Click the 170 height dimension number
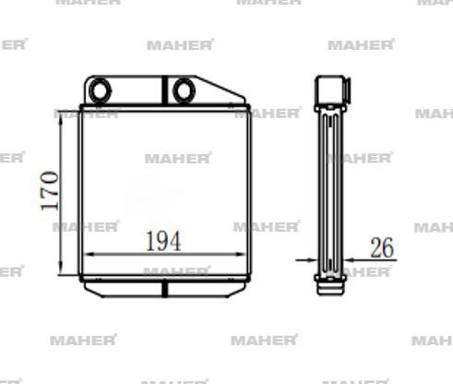coord(50,191)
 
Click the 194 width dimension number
coord(163,241)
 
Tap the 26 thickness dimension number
coord(382,247)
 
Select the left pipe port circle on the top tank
coord(100,90)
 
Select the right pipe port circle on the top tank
coord(184,90)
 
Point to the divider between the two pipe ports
coord(165,90)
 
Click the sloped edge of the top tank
coord(221,87)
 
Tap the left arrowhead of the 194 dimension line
coord(89,255)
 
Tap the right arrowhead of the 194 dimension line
coord(241,255)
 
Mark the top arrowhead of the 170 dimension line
coord(61,116)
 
